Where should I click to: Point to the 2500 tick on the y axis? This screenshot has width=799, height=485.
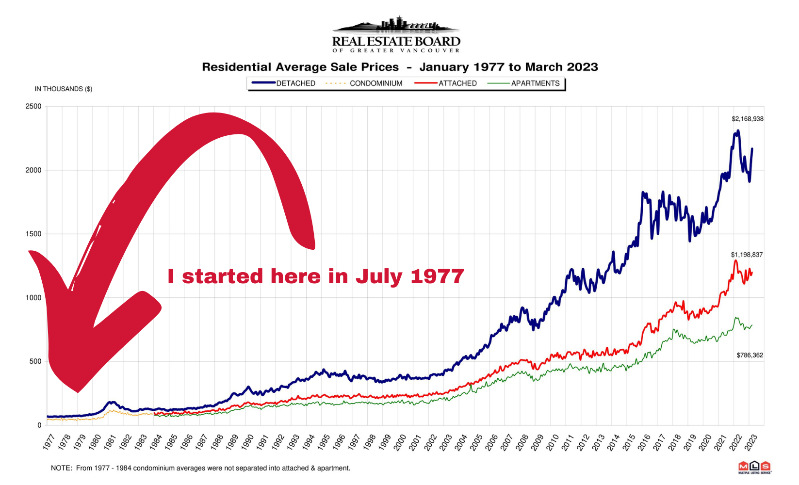pos(33,106)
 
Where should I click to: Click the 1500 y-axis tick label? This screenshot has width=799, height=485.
pos(33,234)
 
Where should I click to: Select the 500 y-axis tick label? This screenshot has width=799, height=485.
pos(35,361)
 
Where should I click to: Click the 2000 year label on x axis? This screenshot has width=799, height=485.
pos(399,442)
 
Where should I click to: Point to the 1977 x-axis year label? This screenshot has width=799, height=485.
pos(49,442)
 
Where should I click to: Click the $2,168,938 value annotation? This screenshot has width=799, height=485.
pos(747,119)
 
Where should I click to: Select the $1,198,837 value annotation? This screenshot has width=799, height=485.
pos(747,255)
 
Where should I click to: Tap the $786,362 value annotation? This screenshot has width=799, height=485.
pos(750,356)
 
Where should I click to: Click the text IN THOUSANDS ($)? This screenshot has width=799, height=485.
pos(64,89)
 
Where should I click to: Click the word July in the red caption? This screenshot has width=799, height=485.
pos(378,277)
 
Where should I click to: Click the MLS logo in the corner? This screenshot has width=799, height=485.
pos(754,467)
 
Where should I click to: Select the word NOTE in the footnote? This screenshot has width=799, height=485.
pos(60,468)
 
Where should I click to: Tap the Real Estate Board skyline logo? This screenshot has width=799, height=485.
pos(396,34)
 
